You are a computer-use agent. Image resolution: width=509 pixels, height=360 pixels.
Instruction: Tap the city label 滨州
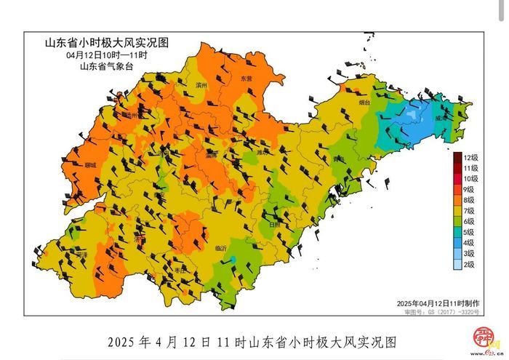pos(201,85)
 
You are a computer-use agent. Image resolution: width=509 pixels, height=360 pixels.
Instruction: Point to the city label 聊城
pos(89,165)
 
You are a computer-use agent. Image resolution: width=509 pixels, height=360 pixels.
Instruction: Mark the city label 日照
pos(275,225)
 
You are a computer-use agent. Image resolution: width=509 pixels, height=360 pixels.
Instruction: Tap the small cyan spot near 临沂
pos(233,261)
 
